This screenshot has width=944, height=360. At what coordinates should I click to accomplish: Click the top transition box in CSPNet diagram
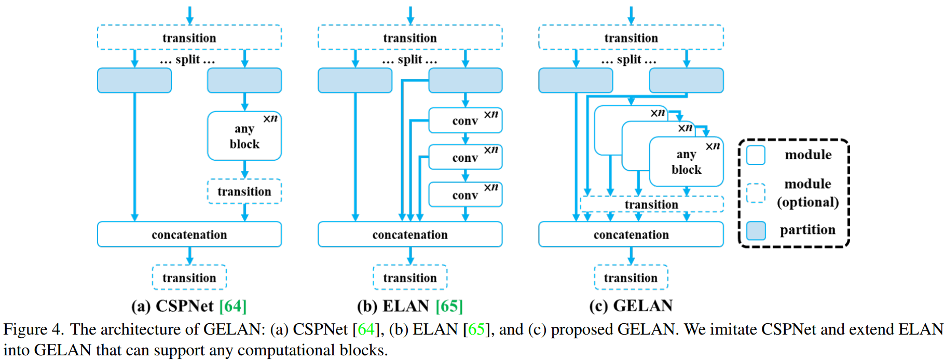coord(189,37)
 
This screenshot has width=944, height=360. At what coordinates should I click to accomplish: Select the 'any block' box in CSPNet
coord(244,136)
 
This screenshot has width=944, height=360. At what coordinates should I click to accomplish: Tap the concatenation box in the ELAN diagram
coord(410,234)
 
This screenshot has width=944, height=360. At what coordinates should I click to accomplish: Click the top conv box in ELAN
coord(465,120)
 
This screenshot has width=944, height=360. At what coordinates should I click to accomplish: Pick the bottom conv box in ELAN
coord(465,195)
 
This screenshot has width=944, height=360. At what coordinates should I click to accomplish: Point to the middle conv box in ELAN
coord(465,157)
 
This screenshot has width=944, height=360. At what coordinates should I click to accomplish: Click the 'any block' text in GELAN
coord(686,162)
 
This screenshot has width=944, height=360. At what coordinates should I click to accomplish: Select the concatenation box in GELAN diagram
coord(631,234)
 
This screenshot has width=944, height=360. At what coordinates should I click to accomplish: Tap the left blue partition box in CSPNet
coord(134,80)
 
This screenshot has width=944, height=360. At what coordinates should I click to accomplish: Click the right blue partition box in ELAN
coord(465,80)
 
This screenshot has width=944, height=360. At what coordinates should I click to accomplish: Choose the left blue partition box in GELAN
coord(576,80)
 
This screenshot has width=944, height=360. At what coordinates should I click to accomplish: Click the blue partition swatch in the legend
coord(756,230)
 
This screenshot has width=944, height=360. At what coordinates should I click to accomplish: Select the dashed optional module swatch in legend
coord(756,193)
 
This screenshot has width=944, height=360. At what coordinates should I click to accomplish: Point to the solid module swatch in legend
coord(756,155)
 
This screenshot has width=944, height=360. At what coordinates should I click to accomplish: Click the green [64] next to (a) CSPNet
coord(233,306)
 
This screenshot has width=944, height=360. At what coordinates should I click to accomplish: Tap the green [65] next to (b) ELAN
coord(449,306)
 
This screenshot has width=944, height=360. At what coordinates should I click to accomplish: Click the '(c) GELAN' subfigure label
coord(631,306)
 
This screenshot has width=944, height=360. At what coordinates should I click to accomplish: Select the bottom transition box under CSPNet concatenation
coord(189,278)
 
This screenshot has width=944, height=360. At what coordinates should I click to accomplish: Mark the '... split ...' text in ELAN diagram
coord(410,60)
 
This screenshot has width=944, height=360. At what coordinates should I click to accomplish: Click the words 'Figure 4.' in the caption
coord(33,329)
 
